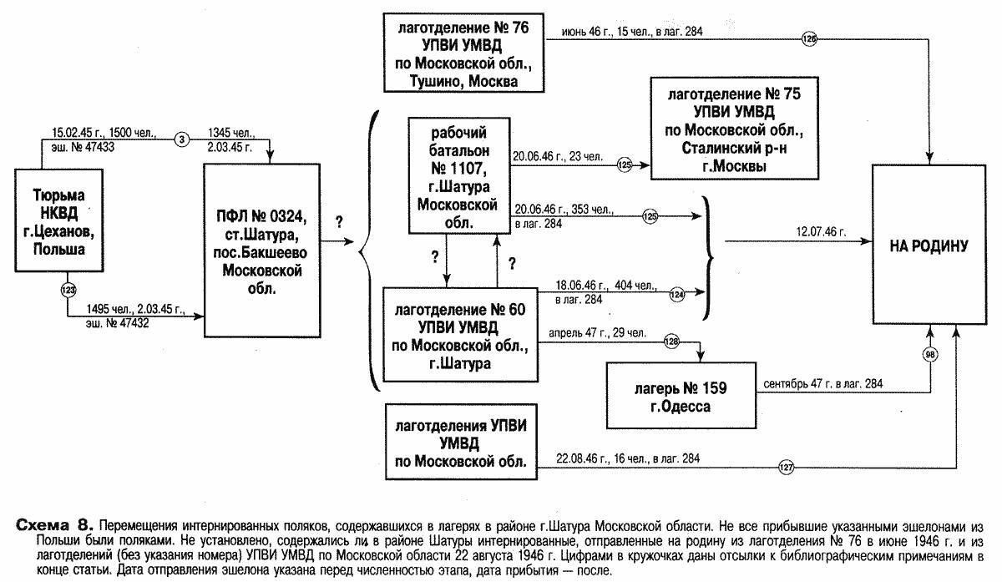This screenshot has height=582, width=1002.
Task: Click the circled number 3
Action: coord(183,139)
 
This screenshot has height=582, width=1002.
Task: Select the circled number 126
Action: coord(808,38)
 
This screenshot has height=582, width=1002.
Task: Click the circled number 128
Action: coord(671,341)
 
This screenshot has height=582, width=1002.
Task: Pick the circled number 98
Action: coord(931,354)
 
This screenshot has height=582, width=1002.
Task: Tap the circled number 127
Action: coord(786,467)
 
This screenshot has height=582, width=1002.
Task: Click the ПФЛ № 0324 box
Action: coord(261,250)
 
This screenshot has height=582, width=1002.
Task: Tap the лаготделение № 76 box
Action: coord(463,53)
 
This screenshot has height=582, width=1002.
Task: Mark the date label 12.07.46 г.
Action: coord(821,232)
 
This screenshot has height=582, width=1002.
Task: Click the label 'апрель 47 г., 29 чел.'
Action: coord(598,333)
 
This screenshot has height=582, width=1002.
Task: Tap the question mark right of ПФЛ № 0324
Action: coord(339,222)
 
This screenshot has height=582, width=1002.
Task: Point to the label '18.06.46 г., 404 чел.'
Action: coord(595,284)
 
